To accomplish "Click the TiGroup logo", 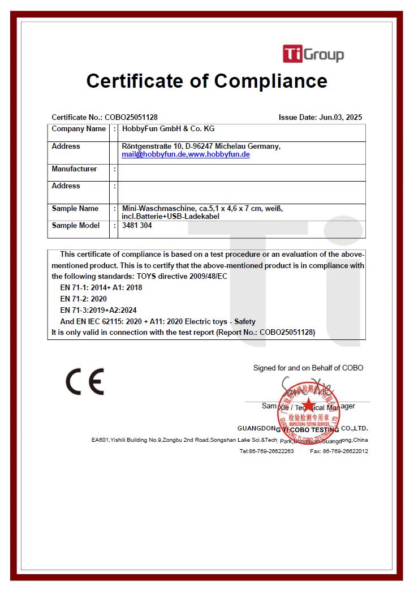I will click(x=313, y=54).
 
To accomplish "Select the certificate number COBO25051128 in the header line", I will click(x=131, y=118).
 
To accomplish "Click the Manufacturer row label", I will click(x=74, y=169).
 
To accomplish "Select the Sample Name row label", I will click(x=75, y=209).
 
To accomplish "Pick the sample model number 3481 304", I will click(x=137, y=226).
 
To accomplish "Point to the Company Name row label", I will click(x=79, y=129).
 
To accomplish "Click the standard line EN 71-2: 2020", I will click(x=83, y=299).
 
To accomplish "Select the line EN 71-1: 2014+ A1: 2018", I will click(x=101, y=287).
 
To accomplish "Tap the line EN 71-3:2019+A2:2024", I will click(x=98, y=310).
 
